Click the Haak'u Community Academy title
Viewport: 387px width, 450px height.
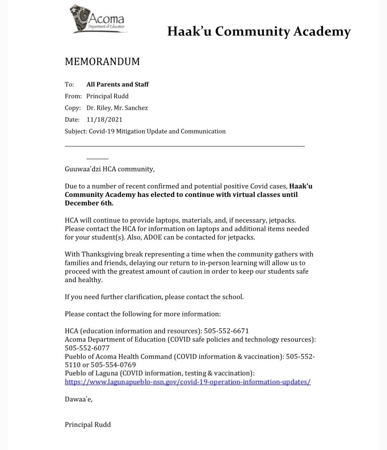pos(259,32)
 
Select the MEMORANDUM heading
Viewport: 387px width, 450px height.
pos(102,62)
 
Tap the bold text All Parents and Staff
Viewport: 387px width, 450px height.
pos(117,84)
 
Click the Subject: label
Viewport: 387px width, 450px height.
pos(76,131)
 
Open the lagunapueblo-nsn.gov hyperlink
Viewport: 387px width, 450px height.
pos(188,382)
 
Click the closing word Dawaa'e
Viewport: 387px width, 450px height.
pos(79,399)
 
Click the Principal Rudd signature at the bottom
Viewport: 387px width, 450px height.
pos(88,425)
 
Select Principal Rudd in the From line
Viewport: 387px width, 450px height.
pos(108,96)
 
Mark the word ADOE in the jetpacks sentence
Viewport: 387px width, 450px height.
pos(173,237)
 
